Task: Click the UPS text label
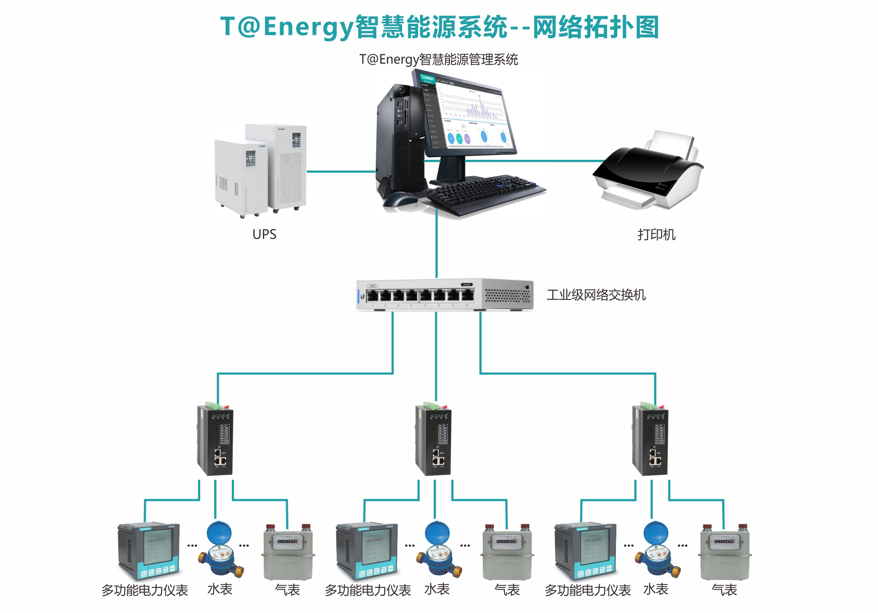click(x=264, y=234)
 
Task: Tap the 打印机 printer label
click(x=656, y=234)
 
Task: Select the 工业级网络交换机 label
click(x=596, y=295)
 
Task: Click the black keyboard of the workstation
click(x=483, y=193)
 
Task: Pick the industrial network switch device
click(x=444, y=294)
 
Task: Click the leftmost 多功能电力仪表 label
click(x=145, y=590)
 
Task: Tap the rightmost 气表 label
click(x=724, y=590)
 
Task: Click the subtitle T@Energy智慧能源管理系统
click(x=439, y=59)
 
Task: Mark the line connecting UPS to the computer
click(x=341, y=171)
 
